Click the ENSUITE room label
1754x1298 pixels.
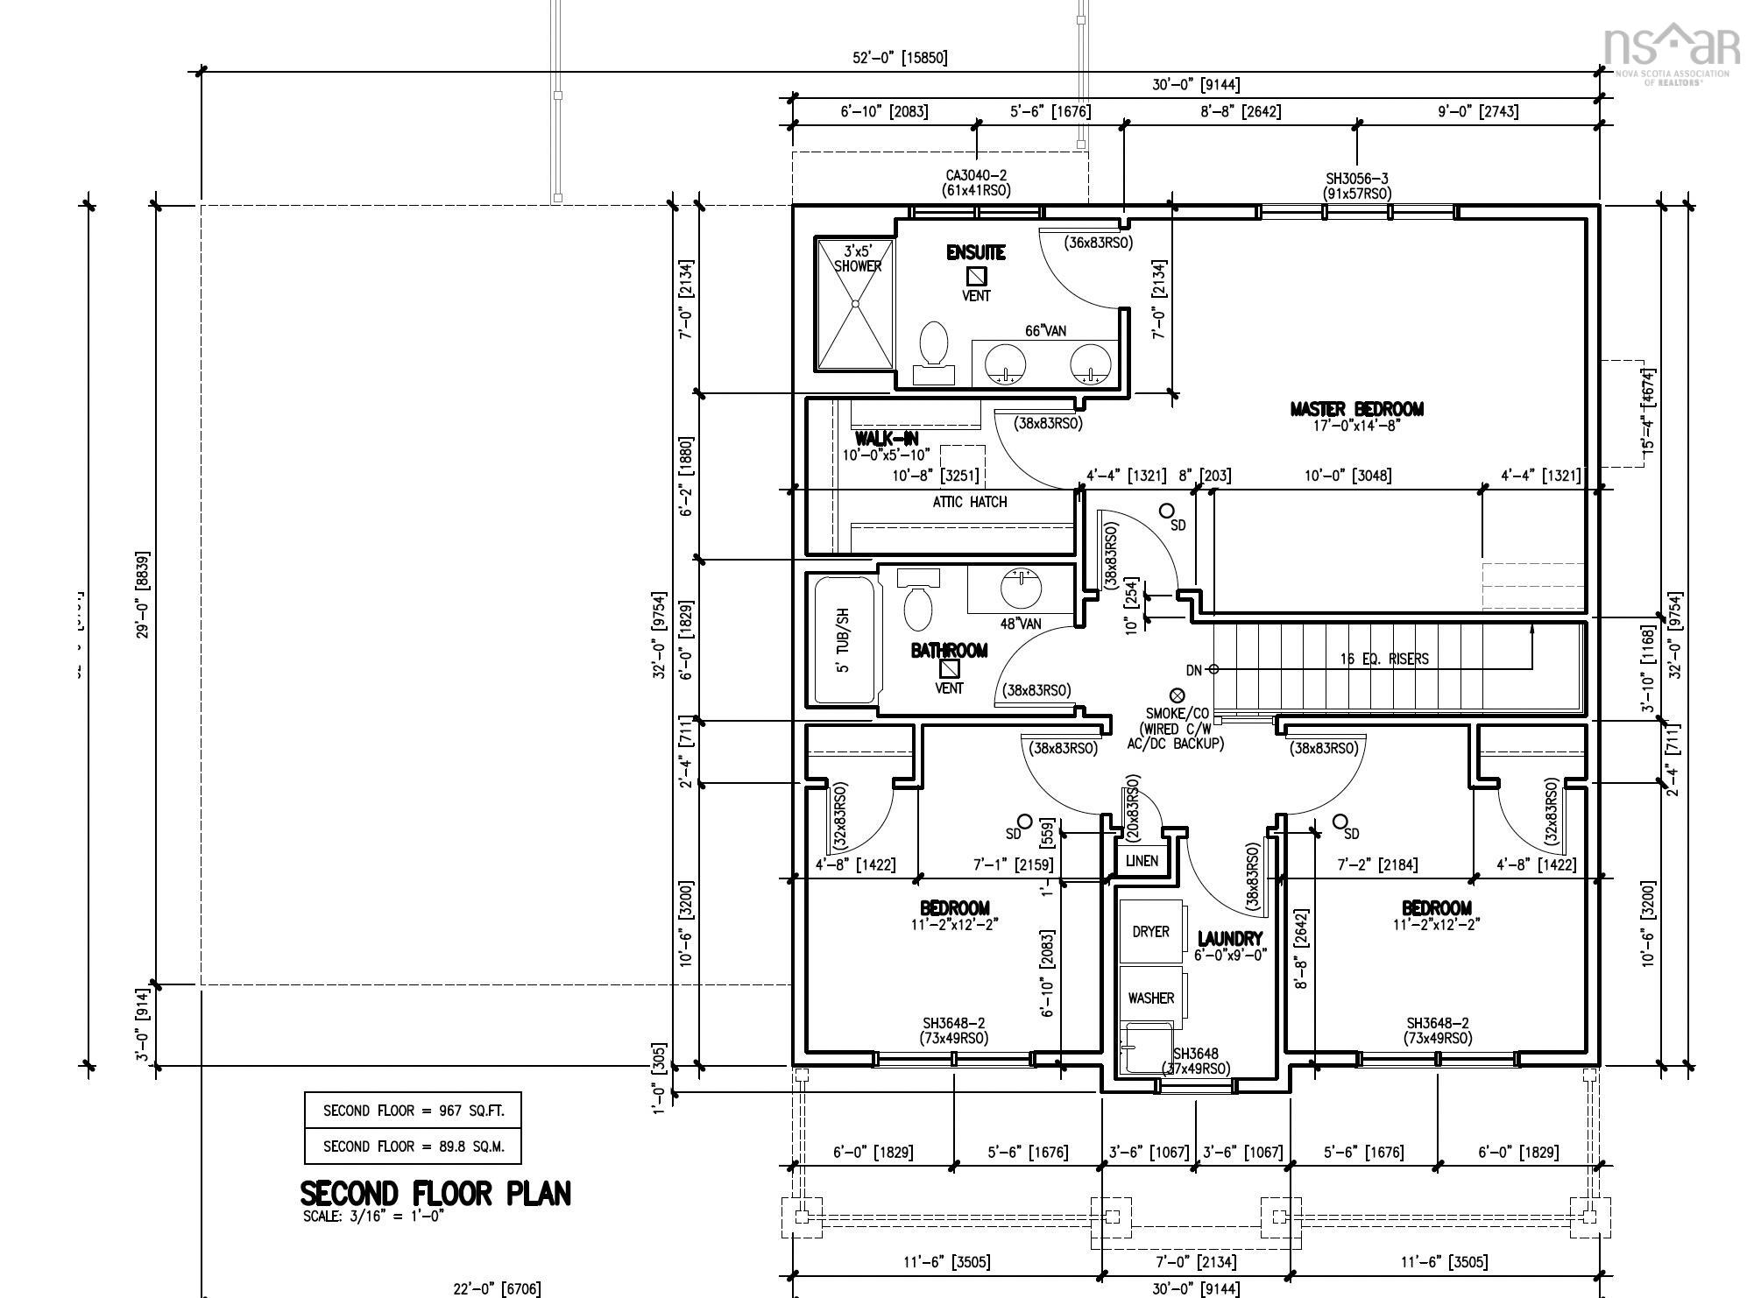click(x=975, y=253)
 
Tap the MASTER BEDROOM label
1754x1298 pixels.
click(x=1356, y=409)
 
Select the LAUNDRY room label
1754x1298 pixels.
click(x=1230, y=939)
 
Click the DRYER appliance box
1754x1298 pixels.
click(x=1150, y=931)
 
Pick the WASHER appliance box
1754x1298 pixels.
click(x=1150, y=998)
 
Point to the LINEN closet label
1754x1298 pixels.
click(x=1142, y=860)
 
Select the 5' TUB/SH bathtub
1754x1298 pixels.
click(x=845, y=639)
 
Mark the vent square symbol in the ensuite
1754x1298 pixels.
click(x=976, y=277)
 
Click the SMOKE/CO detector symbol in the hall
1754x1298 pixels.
click(x=1178, y=695)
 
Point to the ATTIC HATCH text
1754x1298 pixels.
click(x=969, y=502)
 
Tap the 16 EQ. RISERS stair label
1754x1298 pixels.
click(x=1383, y=659)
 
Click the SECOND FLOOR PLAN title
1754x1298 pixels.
click(x=435, y=1194)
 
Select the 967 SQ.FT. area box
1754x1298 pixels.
click(x=413, y=1111)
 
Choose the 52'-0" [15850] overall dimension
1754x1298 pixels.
click(x=900, y=58)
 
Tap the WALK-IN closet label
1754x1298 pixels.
click(x=887, y=439)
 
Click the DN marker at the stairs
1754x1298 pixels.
click(x=1194, y=670)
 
